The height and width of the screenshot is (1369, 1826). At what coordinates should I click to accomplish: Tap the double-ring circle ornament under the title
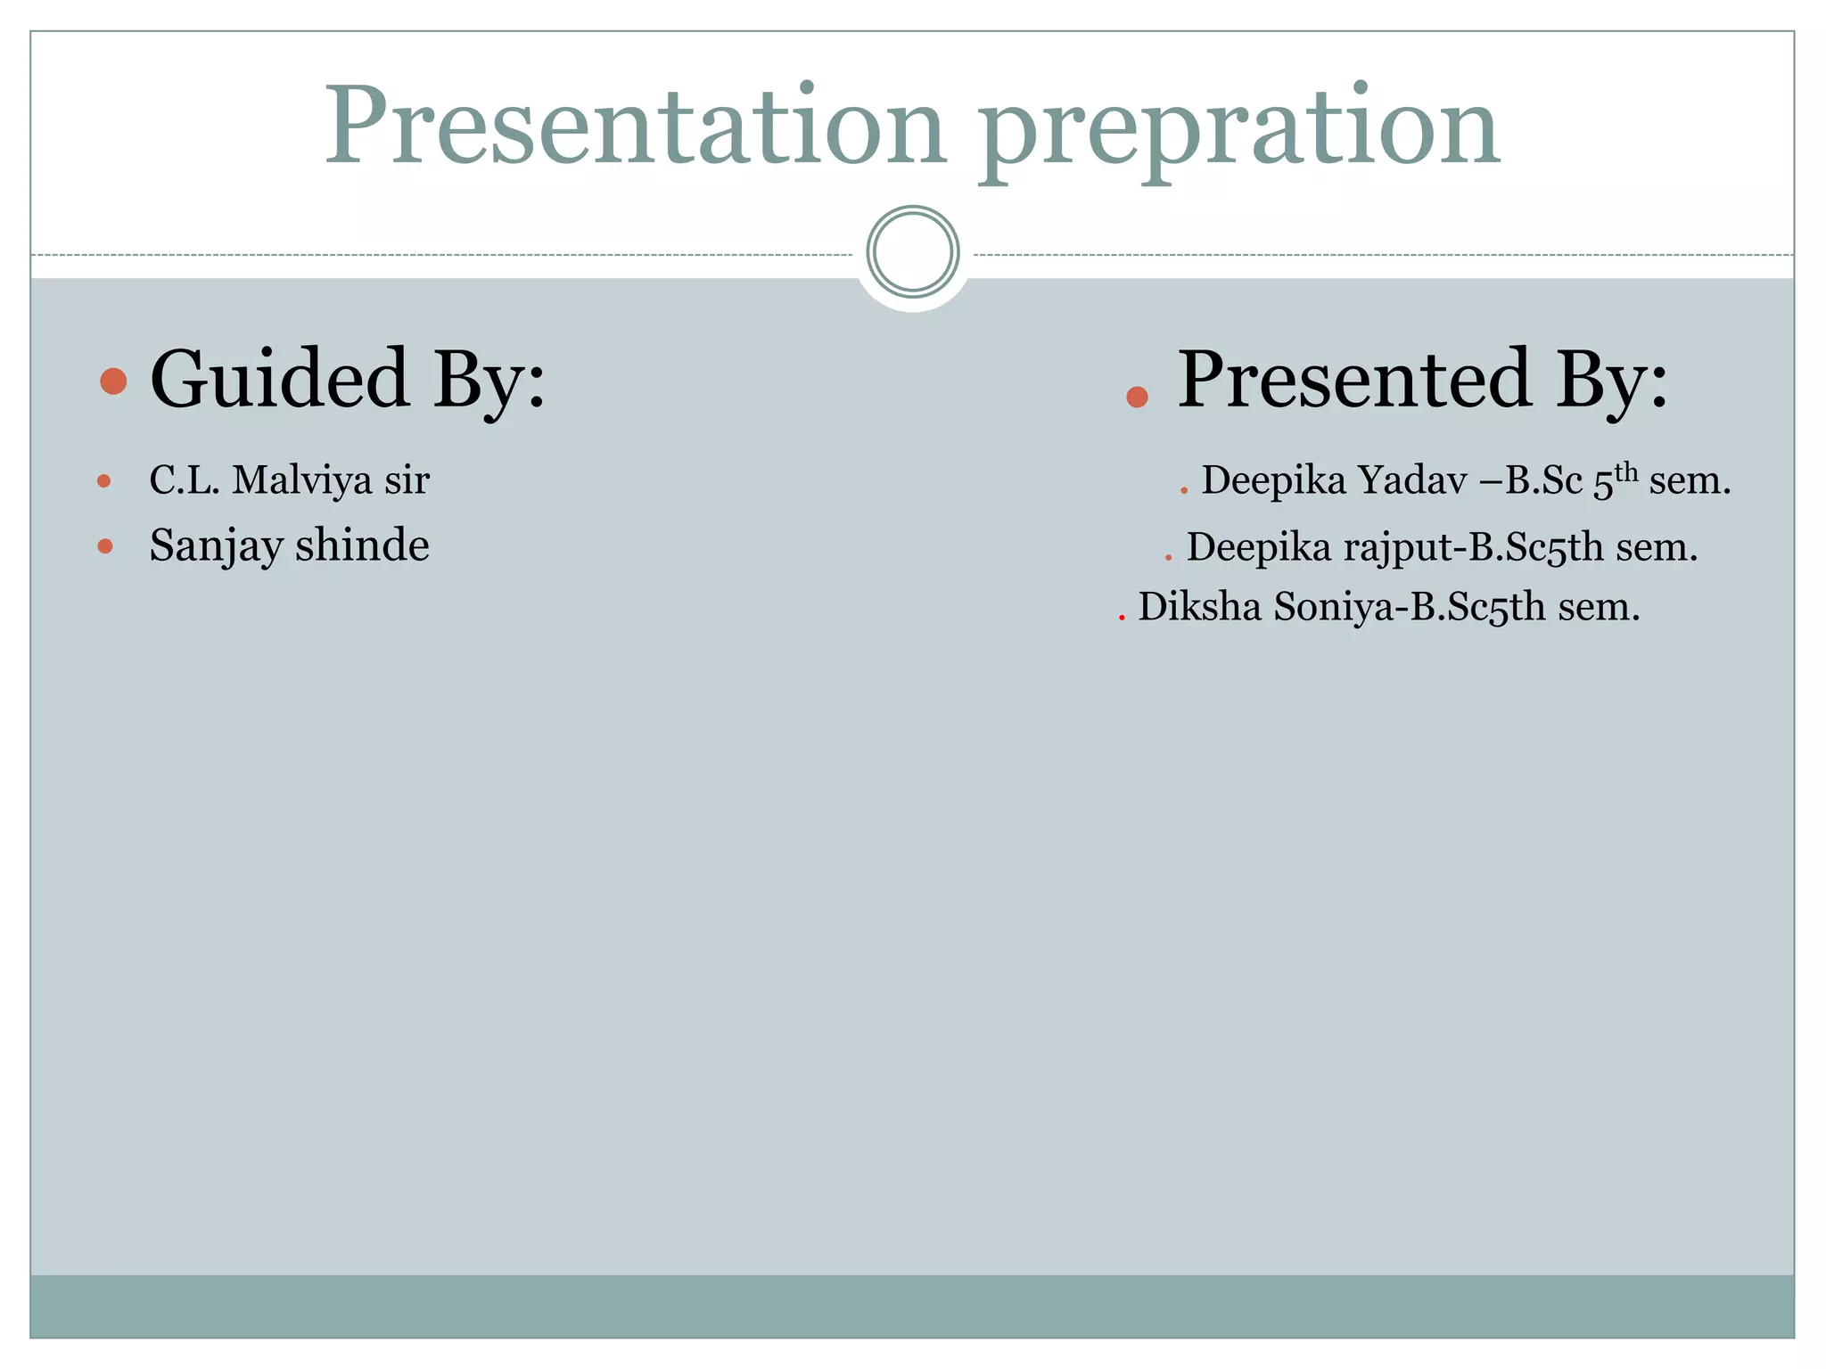[x=912, y=251]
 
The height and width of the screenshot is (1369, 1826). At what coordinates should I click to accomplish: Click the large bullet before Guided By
[x=113, y=381]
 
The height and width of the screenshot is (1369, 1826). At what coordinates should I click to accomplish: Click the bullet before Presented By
[x=1137, y=397]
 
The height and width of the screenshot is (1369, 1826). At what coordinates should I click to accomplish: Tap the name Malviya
[x=302, y=480]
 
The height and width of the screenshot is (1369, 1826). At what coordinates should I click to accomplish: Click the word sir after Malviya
[x=407, y=480]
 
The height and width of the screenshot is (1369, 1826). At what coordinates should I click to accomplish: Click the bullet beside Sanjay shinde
[x=105, y=546]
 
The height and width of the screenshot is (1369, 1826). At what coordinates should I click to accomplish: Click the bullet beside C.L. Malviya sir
[x=104, y=481]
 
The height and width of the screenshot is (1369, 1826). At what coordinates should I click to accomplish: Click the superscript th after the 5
[x=1626, y=471]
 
